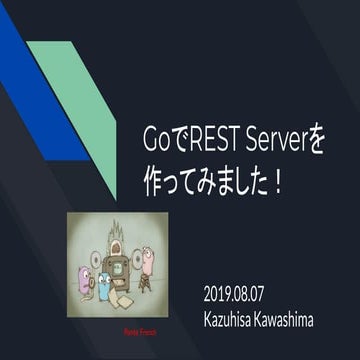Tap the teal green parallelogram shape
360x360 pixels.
(80, 110)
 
